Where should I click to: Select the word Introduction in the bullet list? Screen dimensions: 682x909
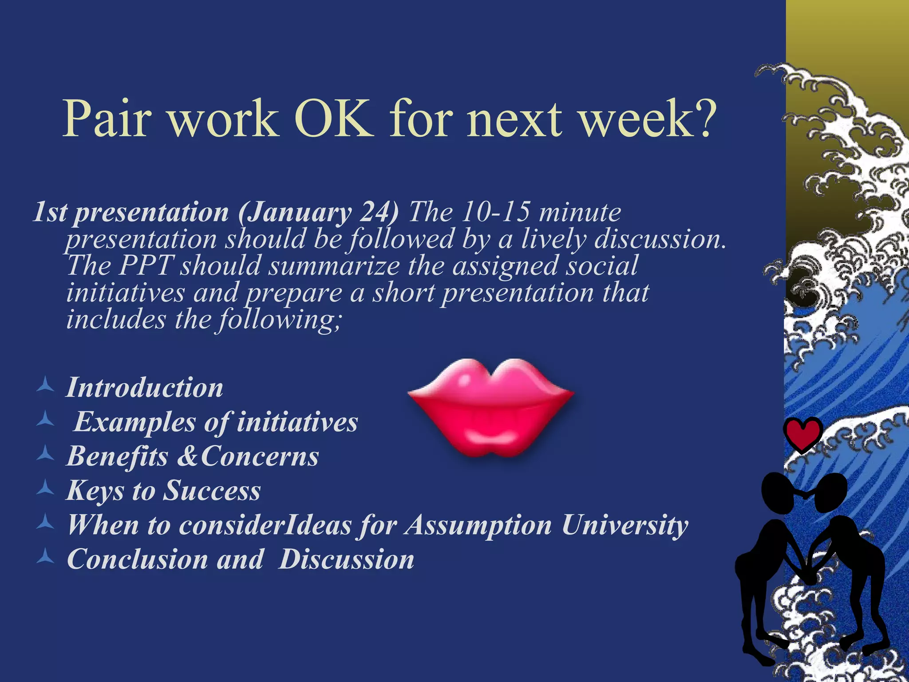click(x=145, y=387)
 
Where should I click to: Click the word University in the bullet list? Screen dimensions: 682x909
click(x=625, y=525)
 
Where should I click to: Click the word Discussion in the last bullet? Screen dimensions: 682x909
click(x=347, y=559)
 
